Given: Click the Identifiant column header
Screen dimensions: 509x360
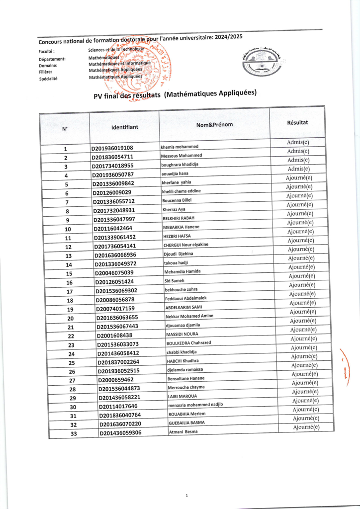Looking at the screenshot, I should click(x=125, y=127).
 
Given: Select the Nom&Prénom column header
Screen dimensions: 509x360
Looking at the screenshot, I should click(x=214, y=124).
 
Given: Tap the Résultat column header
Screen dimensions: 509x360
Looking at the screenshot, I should click(x=297, y=122).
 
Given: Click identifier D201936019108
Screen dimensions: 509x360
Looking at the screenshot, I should click(x=112, y=148).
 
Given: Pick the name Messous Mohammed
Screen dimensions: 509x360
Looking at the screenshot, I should click(x=180, y=155).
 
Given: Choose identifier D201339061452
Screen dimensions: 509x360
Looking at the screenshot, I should click(x=115, y=238).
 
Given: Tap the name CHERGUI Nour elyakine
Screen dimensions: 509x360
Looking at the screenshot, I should click(x=186, y=245).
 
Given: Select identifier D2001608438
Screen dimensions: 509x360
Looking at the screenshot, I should click(x=115, y=336).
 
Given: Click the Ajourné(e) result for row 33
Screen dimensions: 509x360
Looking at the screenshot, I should click(x=306, y=427).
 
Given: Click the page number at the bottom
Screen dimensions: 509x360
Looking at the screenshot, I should click(x=186, y=496).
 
